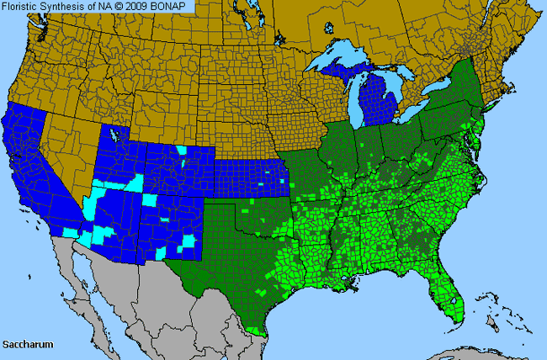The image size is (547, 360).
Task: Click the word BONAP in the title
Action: pos(173,6)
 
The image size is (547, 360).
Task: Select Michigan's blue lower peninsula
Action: pos(375,105)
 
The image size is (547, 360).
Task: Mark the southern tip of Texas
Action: pos(260,330)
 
